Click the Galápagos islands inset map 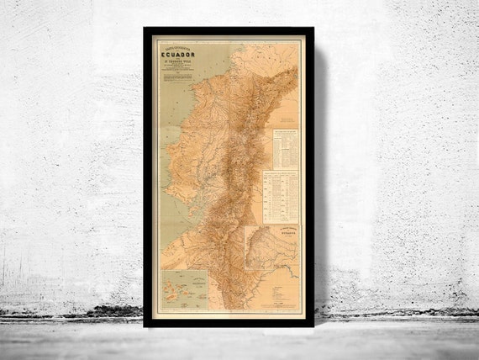pos(188,291)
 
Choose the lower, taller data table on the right pos(280,197)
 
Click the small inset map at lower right pos(271,253)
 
